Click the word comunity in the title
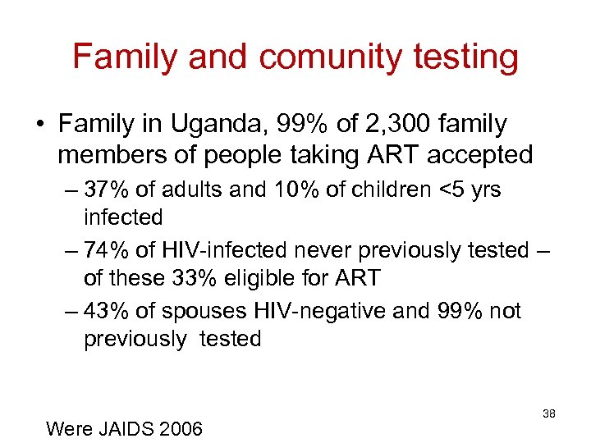click(330, 57)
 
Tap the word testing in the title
click(466, 57)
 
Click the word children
click(378, 190)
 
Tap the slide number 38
click(549, 414)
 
